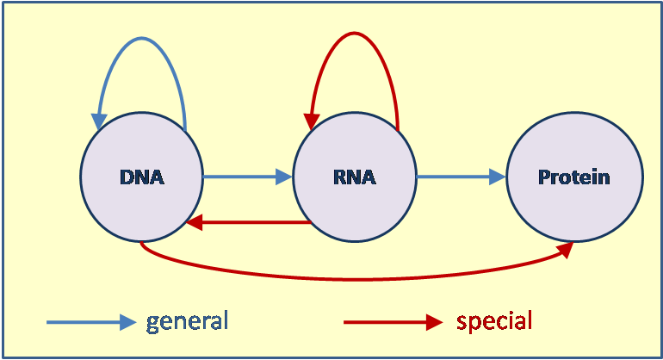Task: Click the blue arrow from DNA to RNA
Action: (x=245, y=177)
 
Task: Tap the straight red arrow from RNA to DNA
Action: (x=250, y=222)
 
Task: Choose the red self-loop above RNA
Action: (x=353, y=34)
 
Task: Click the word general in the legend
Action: (x=187, y=321)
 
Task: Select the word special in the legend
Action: (x=494, y=321)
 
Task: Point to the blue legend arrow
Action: (x=90, y=322)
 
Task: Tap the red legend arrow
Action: (x=392, y=322)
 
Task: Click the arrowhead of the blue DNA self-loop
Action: (x=101, y=121)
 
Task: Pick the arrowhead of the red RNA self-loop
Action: (x=311, y=126)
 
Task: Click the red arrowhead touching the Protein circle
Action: (x=565, y=248)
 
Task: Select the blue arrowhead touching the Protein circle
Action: (x=497, y=177)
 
